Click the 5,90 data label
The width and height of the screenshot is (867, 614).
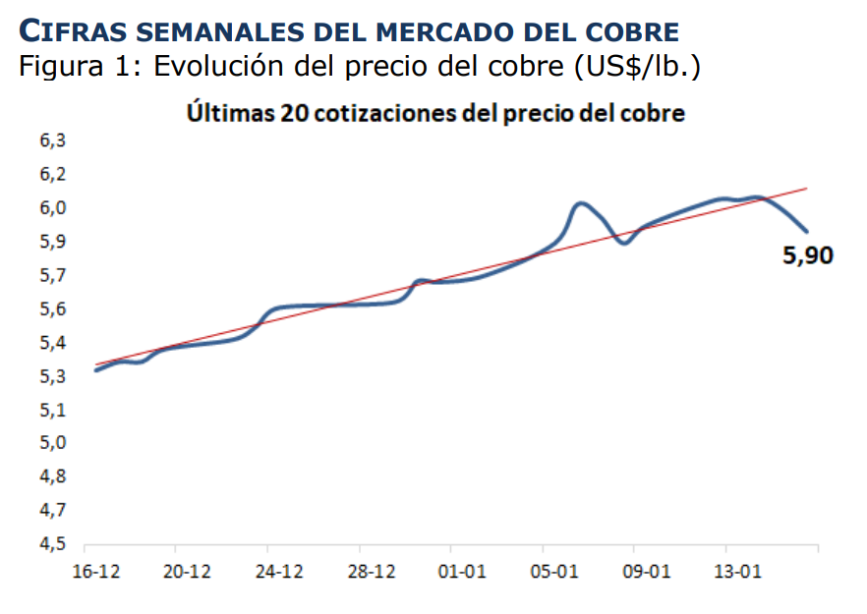coord(806,257)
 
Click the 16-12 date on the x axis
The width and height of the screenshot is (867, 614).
coord(95,573)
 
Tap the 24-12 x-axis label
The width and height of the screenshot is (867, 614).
coord(279,573)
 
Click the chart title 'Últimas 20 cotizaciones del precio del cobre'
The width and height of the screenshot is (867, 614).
coord(435,113)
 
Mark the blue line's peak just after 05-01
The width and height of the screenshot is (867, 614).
coord(581,203)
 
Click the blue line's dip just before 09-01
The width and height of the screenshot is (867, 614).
coord(624,242)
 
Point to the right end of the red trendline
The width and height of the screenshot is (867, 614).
coord(807,188)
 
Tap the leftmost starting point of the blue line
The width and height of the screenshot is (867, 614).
coord(95,369)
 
